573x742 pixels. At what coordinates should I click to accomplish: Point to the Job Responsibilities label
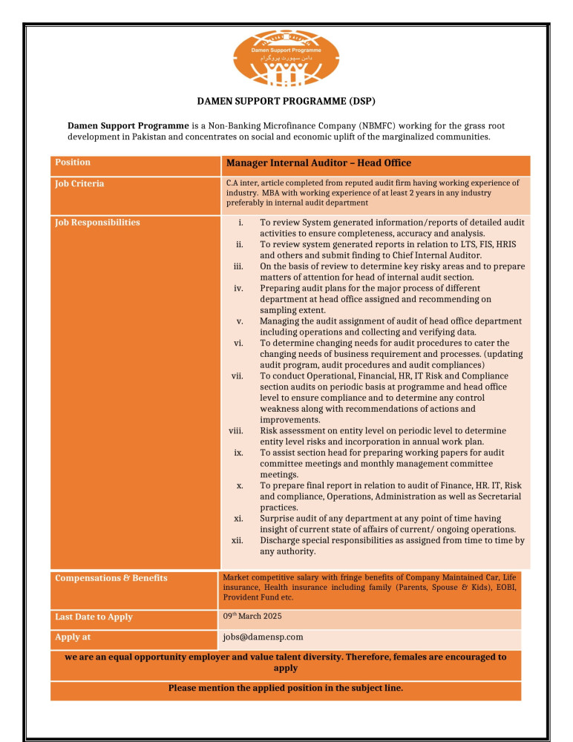pos(97,222)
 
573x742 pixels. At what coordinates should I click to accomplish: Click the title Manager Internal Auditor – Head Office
pos(318,163)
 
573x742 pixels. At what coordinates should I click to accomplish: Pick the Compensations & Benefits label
pos(111,578)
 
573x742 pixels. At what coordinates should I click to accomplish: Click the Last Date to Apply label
pos(94,617)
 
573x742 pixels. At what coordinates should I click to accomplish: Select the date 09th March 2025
pos(252,617)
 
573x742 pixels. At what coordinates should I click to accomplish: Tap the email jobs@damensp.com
pos(263,637)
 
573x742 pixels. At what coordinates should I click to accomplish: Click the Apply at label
pos(73,637)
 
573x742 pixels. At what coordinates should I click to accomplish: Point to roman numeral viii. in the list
pos(236,431)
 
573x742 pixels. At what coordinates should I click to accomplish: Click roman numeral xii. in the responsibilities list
pos(238,540)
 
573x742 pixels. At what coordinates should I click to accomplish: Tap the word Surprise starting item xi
pos(278,519)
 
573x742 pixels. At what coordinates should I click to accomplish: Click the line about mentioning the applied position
pos(286,688)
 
